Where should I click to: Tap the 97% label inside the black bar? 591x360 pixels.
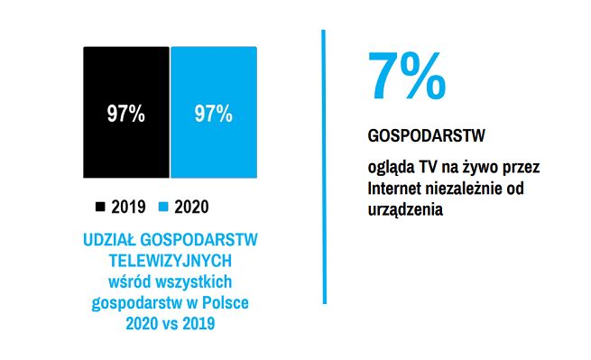(x=126, y=115)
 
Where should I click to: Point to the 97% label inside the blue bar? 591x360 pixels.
(x=214, y=115)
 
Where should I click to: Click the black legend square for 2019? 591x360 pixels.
(x=100, y=207)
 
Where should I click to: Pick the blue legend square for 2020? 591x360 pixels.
(x=163, y=207)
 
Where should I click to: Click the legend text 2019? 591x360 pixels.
(x=129, y=207)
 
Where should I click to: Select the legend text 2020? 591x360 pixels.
(x=191, y=207)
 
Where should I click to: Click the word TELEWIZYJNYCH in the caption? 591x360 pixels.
(x=171, y=260)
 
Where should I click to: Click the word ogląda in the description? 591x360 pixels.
(x=390, y=169)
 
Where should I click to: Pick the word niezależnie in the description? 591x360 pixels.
(x=468, y=189)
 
